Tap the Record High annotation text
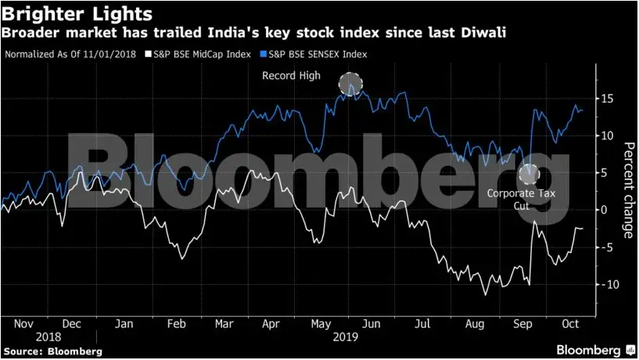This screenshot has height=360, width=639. point(289,75)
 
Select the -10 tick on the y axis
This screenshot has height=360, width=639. point(604,284)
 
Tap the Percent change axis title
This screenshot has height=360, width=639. point(627,191)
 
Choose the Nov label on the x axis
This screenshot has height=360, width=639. point(24,323)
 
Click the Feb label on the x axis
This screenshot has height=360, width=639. point(177,323)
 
